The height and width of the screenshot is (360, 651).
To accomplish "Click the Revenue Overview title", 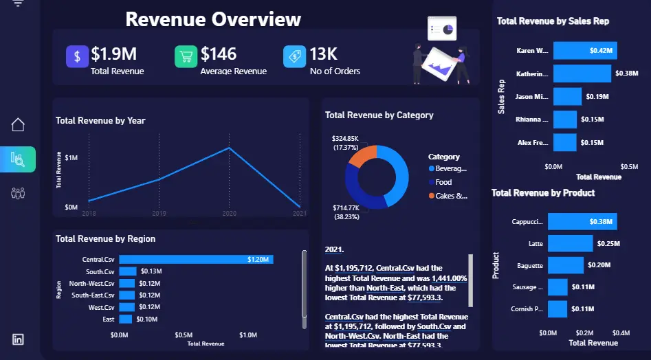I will pyautogui.click(x=213, y=19).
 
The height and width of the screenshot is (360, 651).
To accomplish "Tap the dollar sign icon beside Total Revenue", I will pyautogui.click(x=77, y=56).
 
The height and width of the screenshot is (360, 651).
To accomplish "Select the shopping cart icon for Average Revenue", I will pyautogui.click(x=186, y=56).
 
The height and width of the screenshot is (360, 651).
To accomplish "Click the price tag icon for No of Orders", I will pyautogui.click(x=294, y=56).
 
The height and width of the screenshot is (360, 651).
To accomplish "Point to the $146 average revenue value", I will pyautogui.click(x=219, y=54).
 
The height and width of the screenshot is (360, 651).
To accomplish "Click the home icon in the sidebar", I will pyautogui.click(x=19, y=124).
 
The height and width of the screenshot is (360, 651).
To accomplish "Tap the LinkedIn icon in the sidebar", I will pyautogui.click(x=18, y=339).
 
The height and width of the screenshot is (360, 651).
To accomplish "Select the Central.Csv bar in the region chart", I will pyautogui.click(x=196, y=260).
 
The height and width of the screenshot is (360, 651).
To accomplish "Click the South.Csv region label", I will pyautogui.click(x=100, y=271).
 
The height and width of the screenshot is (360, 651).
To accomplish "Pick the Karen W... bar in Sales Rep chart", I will pyautogui.click(x=584, y=50).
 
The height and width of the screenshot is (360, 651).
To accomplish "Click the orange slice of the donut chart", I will pyautogui.click(x=362, y=157).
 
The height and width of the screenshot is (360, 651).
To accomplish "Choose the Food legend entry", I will pyautogui.click(x=443, y=182).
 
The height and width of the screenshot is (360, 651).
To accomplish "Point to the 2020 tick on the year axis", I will pyautogui.click(x=229, y=214).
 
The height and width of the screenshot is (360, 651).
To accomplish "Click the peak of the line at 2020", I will pyautogui.click(x=229, y=148).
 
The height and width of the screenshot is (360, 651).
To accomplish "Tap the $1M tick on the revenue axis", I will pyautogui.click(x=71, y=158).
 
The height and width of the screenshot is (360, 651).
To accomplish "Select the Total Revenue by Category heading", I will pyautogui.click(x=379, y=115).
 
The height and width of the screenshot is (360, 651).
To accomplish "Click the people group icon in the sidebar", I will pyautogui.click(x=19, y=193).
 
